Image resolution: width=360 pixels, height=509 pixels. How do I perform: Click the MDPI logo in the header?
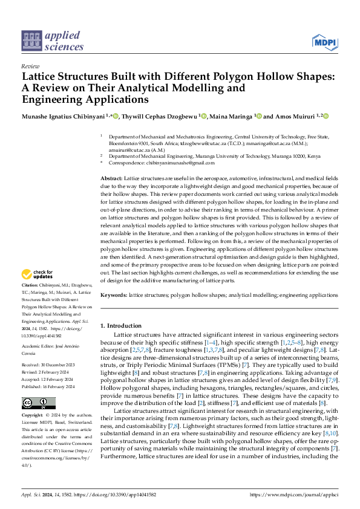[x=324, y=42]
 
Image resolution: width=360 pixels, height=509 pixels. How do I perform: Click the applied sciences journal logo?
[x=53, y=41]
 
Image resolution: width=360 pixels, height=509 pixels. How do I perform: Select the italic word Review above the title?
[x=30, y=66]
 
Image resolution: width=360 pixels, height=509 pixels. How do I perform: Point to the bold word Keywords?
[x=114, y=294]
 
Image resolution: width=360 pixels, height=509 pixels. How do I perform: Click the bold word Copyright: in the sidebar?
[x=33, y=416]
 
